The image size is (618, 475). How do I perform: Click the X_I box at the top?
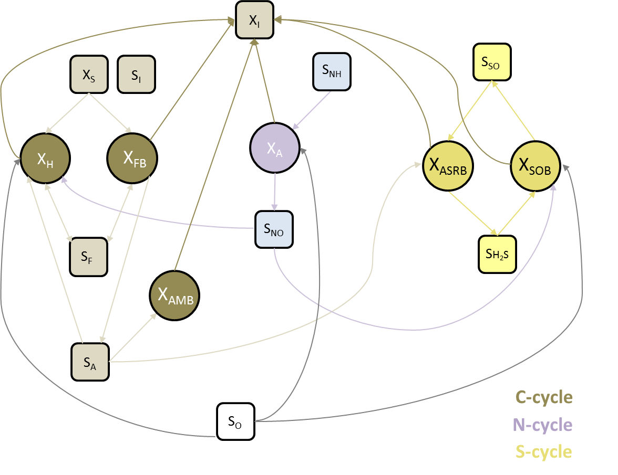[254, 20]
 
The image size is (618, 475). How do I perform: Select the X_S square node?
[88, 75]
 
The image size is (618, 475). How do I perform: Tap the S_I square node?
[136, 75]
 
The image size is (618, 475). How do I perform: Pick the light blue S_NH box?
[331, 71]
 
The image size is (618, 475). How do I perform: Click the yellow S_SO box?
[491, 62]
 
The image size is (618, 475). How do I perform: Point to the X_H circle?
[45, 159]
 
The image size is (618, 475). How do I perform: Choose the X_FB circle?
[132, 159]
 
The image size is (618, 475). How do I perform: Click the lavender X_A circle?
[274, 148]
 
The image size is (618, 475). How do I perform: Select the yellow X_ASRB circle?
[447, 165]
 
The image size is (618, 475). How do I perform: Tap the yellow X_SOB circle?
[535, 165]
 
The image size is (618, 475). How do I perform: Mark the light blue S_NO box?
[273, 229]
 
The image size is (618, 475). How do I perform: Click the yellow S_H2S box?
[497, 254]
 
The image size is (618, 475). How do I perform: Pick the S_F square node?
[88, 257]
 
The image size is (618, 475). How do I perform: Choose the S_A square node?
[90, 362]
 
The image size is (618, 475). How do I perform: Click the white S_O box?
[235, 421]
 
